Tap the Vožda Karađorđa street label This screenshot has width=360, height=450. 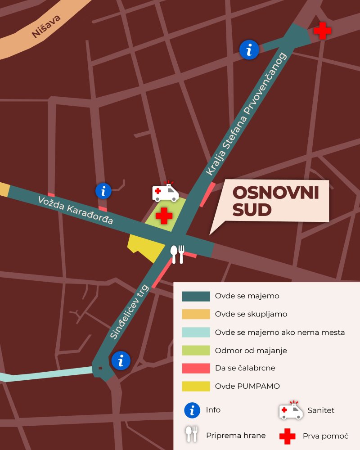pyautogui.click(x=76, y=210)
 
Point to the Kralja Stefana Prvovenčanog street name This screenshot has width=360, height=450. pyautogui.click(x=246, y=114)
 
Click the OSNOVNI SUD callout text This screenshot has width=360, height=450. pyautogui.click(x=275, y=201)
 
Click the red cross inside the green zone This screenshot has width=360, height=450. pyautogui.click(x=164, y=216)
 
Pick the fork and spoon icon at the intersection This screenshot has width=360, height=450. pyautogui.click(x=177, y=254)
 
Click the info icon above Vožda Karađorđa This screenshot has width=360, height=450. pyautogui.click(x=103, y=191)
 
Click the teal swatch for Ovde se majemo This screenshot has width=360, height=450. pyautogui.click(x=196, y=296)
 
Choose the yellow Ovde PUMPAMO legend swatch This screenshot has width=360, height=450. pyautogui.click(x=196, y=386)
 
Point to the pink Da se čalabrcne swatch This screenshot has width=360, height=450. pyautogui.click(x=196, y=368)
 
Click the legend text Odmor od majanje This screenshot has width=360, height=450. pyautogui.click(x=251, y=350)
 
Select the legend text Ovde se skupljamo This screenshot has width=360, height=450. pyautogui.click(x=251, y=314)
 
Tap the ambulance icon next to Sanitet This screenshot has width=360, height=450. pyautogui.click(x=291, y=410)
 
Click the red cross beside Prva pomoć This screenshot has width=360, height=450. pyautogui.click(x=287, y=436)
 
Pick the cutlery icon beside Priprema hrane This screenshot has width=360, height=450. pyautogui.click(x=192, y=434)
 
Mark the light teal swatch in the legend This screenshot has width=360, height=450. pyautogui.click(x=196, y=332)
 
